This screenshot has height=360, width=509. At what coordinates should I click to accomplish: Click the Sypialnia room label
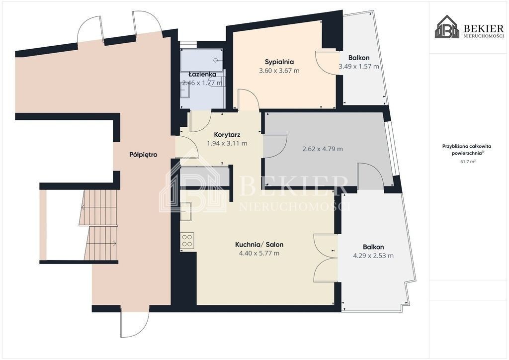(279, 62)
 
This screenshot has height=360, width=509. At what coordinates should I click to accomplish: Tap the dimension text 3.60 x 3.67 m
(279, 71)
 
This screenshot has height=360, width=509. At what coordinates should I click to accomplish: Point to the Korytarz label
(227, 134)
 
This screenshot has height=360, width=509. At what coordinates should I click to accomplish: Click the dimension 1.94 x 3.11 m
(227, 143)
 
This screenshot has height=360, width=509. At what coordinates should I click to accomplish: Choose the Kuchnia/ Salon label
(259, 245)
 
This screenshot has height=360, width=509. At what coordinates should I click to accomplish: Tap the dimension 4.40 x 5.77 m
(259, 253)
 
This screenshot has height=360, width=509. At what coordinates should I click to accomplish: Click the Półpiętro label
(143, 155)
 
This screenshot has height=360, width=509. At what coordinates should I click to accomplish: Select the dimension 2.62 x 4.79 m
(322, 149)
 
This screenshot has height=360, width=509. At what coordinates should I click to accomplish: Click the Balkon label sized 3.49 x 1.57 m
(359, 58)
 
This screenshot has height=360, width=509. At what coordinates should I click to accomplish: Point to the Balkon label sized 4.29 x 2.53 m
(373, 247)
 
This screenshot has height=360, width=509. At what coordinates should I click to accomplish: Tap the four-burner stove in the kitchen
(187, 241)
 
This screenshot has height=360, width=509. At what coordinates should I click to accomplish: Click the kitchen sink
(186, 211)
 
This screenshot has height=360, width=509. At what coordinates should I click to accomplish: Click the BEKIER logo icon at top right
(447, 27)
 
